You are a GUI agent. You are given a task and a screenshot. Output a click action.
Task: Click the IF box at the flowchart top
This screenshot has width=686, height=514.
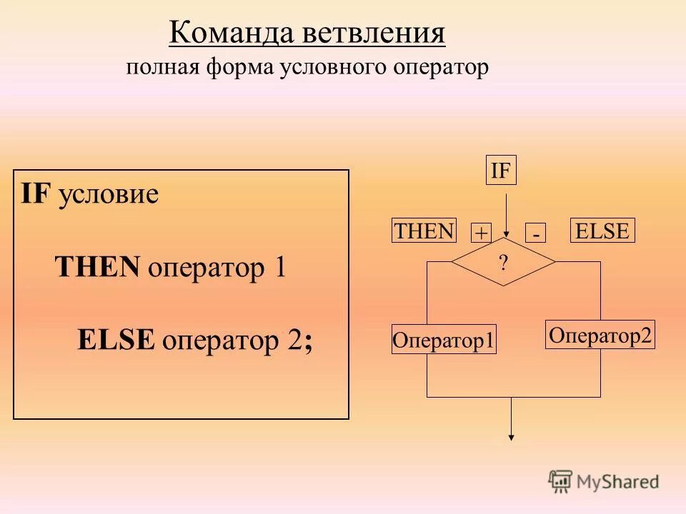click(501, 171)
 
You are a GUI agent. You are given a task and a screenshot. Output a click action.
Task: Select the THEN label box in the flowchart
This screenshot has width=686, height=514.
click(424, 231)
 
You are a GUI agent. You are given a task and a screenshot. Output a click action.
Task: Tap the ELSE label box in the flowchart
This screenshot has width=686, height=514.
click(602, 231)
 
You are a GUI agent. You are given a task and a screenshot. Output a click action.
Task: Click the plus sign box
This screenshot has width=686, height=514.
click(481, 233)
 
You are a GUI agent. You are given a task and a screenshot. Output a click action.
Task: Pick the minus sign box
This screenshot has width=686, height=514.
click(536, 233)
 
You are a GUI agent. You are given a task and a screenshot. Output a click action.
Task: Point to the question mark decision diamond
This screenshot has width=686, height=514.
click(503, 263)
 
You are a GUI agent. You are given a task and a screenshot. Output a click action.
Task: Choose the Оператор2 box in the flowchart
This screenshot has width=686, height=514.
click(600, 335)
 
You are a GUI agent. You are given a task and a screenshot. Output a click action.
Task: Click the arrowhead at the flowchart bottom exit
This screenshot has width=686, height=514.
click(512, 438)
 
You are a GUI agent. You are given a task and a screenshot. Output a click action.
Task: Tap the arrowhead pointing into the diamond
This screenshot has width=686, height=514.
click(506, 233)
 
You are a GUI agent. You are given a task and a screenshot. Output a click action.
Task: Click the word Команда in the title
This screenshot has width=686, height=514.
click(226, 34)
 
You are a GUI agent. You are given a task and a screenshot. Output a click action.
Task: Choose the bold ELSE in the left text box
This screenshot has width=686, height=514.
click(116, 340)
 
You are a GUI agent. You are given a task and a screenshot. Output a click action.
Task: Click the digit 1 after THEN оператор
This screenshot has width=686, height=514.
click(279, 268)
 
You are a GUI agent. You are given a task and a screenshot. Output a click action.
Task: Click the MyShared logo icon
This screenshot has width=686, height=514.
click(560, 480)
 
